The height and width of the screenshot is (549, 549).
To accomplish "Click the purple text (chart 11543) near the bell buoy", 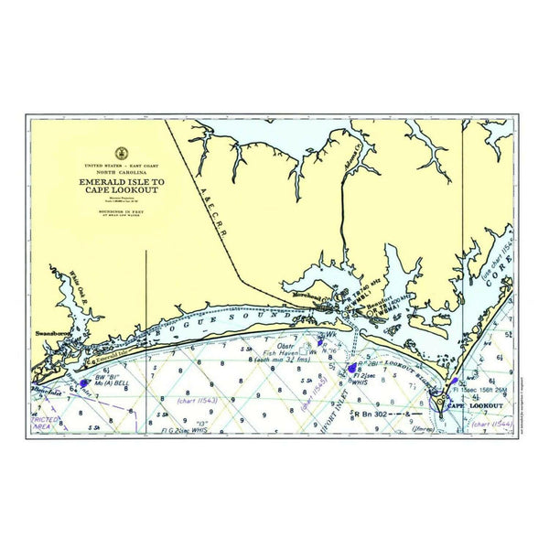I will click(x=196, y=399).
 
